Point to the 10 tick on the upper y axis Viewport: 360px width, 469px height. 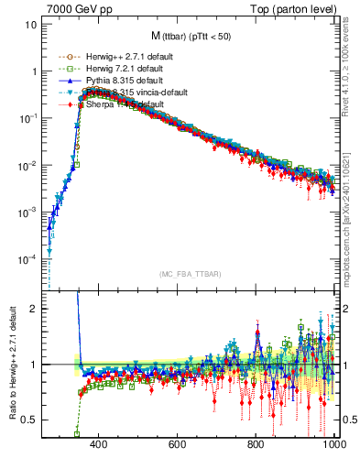31,24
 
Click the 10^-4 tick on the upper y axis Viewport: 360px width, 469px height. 27,259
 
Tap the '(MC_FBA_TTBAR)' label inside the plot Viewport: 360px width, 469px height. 190,274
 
